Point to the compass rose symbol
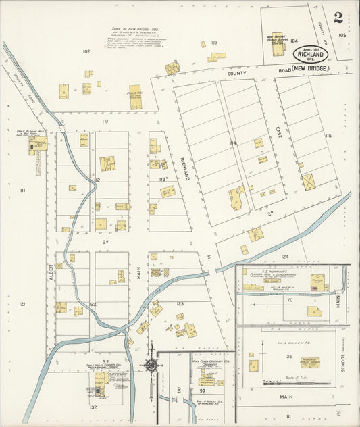point(151,366)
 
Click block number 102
point(86,51)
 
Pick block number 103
point(213,43)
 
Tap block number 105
point(342,34)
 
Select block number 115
point(328,136)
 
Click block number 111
point(22,191)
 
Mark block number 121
point(22,305)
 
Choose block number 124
point(284,257)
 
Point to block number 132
point(93,407)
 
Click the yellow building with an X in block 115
point(309,182)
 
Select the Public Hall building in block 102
point(136,97)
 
